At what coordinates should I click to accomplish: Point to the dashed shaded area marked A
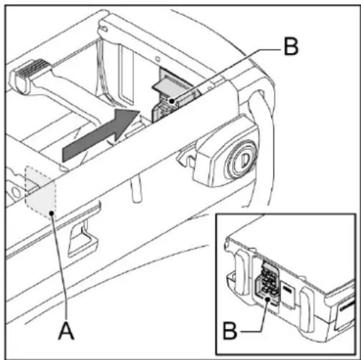tap(40, 189)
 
